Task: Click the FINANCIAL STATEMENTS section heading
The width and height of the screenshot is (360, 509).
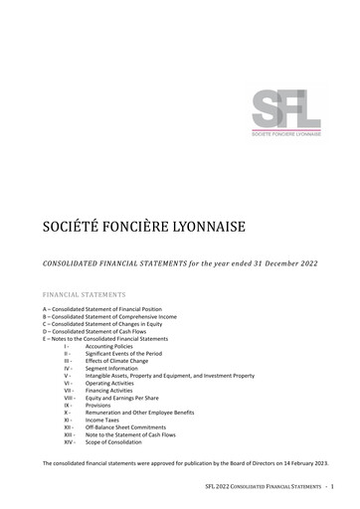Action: coord(85,295)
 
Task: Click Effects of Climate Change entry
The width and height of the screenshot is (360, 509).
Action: coord(120,360)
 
